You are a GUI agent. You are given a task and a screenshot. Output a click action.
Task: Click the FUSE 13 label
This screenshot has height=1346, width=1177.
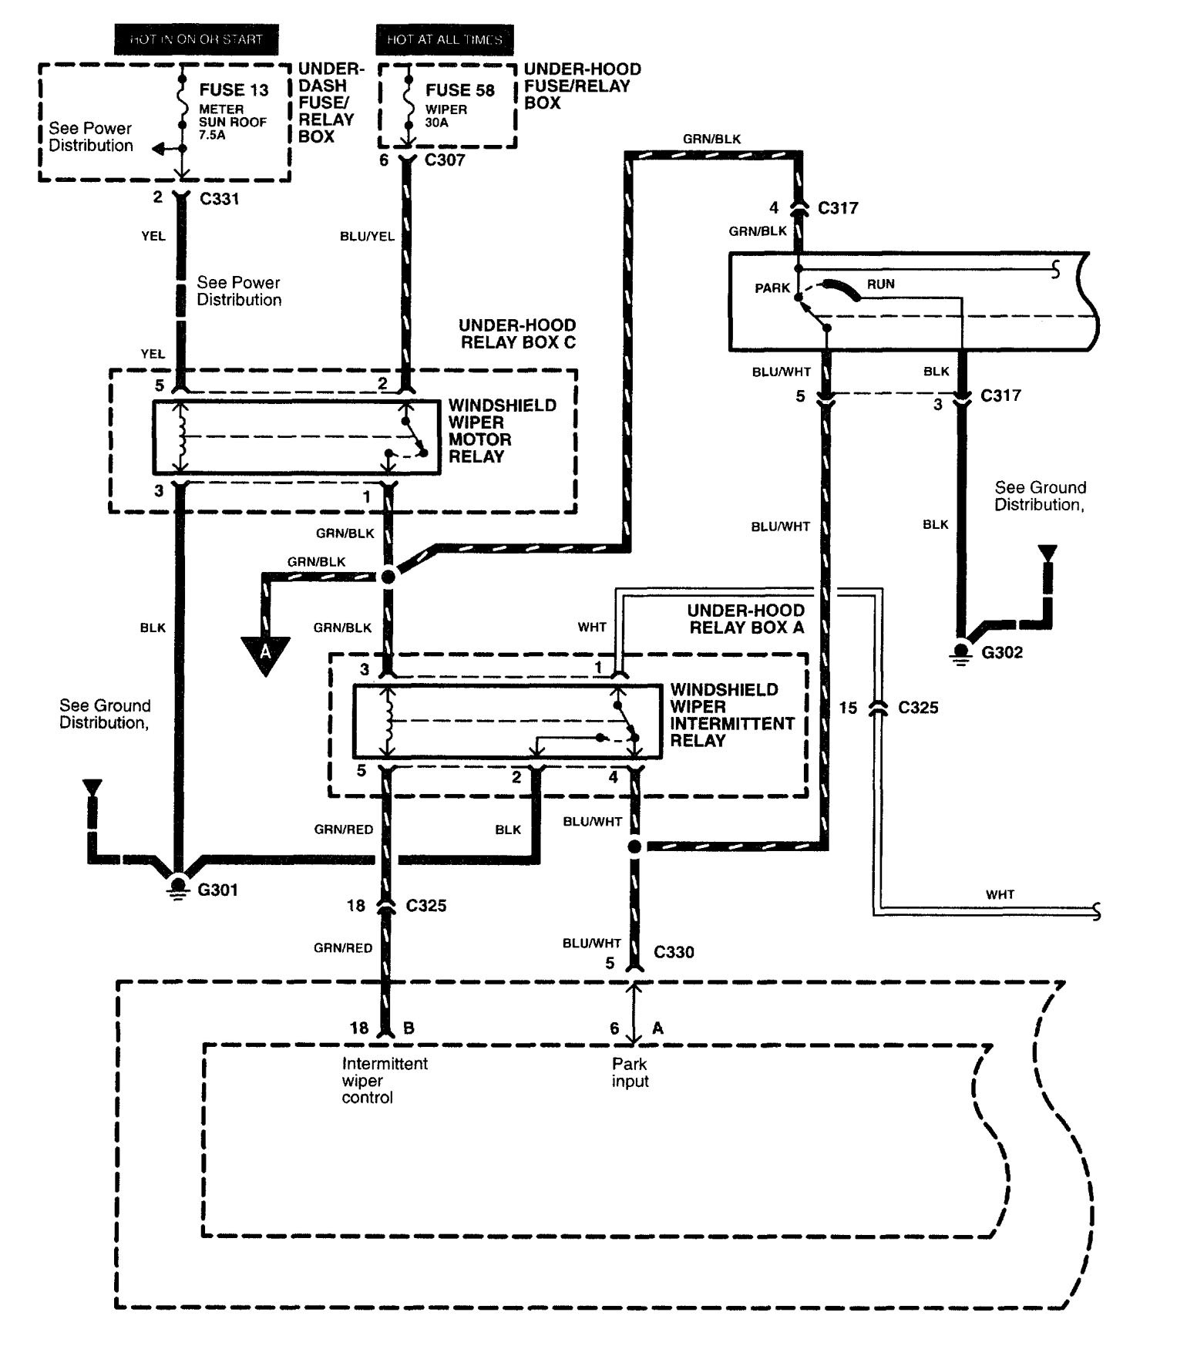click(234, 90)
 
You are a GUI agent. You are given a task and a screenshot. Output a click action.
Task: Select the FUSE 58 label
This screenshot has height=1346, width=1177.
click(459, 90)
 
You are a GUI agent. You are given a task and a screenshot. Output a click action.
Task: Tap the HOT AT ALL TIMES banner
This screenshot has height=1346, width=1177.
click(444, 39)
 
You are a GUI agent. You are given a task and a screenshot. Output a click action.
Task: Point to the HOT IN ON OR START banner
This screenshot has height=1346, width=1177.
click(196, 39)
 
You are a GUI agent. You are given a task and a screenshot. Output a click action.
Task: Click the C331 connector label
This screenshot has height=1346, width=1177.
click(220, 199)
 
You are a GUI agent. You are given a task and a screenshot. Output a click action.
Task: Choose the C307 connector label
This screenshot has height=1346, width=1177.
click(445, 160)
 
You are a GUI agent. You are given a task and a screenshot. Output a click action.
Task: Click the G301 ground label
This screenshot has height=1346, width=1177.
click(218, 890)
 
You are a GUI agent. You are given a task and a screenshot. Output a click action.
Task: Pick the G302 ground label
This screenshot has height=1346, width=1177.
click(1002, 652)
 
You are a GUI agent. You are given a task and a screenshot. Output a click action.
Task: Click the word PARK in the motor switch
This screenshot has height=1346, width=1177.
click(772, 288)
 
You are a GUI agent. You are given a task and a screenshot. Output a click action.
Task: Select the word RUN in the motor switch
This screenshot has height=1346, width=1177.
click(880, 284)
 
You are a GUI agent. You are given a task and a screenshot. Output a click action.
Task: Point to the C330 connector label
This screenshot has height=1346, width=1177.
click(674, 952)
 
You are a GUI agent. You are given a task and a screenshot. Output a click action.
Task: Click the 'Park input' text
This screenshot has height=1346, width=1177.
click(630, 1072)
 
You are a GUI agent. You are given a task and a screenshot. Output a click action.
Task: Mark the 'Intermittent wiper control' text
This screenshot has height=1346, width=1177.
click(384, 1080)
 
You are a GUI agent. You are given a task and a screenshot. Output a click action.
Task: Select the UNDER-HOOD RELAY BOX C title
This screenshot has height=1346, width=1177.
click(517, 334)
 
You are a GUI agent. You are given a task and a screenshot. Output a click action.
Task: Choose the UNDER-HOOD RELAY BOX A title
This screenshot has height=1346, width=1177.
click(745, 619)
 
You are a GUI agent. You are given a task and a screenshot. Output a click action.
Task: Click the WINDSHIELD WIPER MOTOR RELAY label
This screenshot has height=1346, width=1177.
click(502, 431)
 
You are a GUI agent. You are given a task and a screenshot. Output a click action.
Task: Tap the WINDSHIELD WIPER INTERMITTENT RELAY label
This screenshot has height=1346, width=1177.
click(731, 715)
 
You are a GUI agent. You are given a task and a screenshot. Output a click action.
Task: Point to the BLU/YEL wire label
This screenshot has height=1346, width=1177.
click(367, 237)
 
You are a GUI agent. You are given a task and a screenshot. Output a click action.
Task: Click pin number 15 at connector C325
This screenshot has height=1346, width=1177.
click(848, 708)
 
